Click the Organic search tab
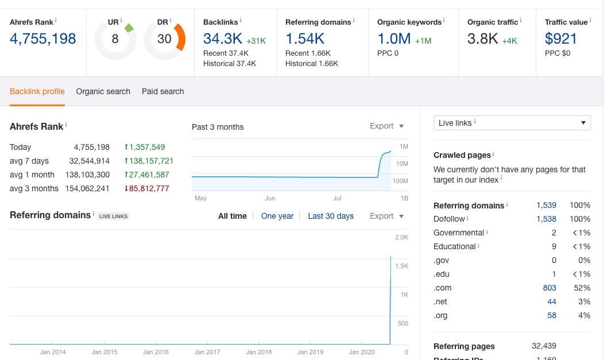coord(103,91)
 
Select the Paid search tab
coord(163,91)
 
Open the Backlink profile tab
coord(37,91)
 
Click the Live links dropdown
coord(512,123)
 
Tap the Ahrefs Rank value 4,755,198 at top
coord(42,39)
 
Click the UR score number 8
coord(115,39)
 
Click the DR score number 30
coord(164,39)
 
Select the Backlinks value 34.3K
coord(223,39)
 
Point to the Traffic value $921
coord(561,39)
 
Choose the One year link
coord(277,216)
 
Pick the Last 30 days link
coord(331,216)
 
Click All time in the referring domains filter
coord(233,216)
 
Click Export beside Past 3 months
coord(386,126)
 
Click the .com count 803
coord(550,288)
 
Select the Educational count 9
coord(554,247)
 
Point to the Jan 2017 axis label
coord(207,352)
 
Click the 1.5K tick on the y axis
coord(401,266)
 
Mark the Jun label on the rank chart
coord(270,199)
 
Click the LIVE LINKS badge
coord(113,216)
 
